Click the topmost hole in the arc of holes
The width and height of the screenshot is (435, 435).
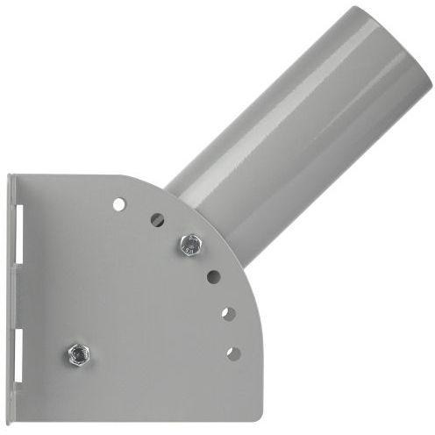[119, 203]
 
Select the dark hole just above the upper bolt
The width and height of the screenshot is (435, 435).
[157, 219]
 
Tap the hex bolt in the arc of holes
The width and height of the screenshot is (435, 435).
[188, 245]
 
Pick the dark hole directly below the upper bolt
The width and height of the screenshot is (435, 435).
[213, 276]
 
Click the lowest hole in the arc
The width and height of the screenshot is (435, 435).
[233, 353]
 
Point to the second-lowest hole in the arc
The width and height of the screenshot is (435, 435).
[227, 313]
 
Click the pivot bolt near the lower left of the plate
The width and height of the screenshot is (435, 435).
[77, 353]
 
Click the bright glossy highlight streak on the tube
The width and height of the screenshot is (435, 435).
[289, 114]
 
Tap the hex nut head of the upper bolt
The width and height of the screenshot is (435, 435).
[188, 245]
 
